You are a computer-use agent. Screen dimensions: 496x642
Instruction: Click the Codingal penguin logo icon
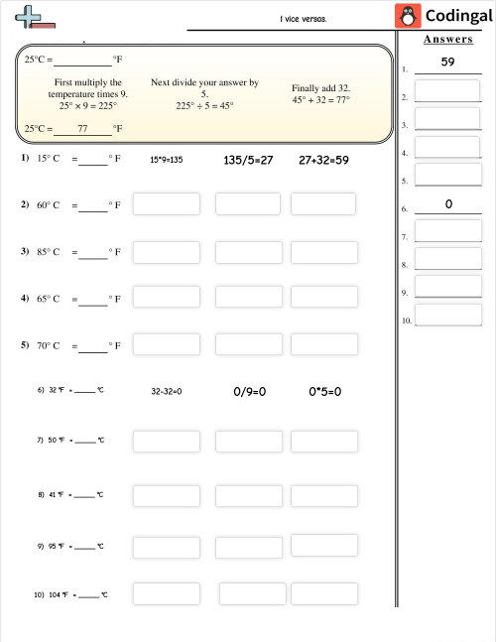[407, 16]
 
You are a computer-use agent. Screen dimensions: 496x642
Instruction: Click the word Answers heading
[447, 40]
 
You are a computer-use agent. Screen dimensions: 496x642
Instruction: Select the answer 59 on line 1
[447, 63]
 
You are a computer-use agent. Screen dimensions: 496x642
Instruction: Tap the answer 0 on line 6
[448, 203]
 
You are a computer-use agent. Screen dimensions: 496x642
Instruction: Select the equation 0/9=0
[249, 391]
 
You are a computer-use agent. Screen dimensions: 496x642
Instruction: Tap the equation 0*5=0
[324, 391]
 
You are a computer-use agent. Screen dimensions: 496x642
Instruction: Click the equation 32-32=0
[166, 392]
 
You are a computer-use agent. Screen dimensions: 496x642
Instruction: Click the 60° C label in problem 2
[49, 205]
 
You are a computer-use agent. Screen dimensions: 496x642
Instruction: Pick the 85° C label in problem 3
[49, 252]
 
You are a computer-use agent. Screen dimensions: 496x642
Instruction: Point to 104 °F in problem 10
[57, 594]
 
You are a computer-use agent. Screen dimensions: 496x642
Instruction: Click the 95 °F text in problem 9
[56, 546]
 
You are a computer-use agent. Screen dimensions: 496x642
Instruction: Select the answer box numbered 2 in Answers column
[447, 91]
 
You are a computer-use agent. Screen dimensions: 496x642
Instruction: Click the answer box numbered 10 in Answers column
[448, 316]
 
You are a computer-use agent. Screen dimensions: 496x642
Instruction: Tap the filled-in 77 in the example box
[81, 129]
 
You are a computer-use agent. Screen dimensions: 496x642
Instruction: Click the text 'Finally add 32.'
[320, 87]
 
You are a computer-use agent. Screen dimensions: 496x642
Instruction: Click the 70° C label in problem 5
[49, 346]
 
